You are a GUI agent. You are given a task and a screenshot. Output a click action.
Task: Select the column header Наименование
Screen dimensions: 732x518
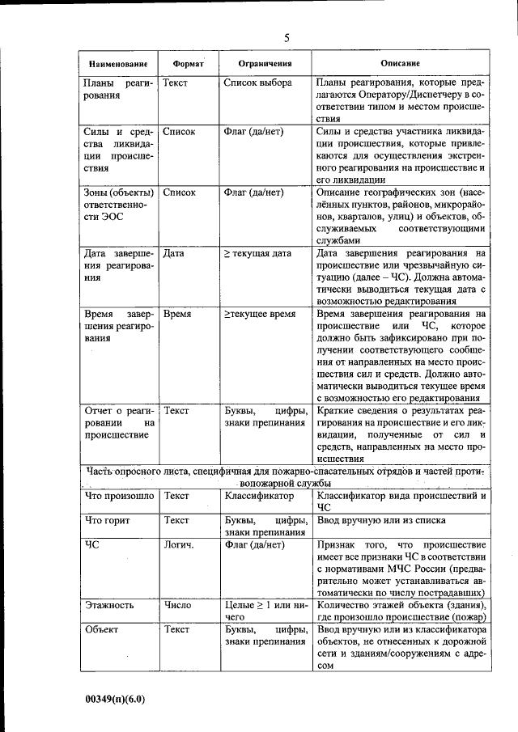(x=118, y=64)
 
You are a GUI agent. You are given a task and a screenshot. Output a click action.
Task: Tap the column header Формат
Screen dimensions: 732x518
(x=188, y=64)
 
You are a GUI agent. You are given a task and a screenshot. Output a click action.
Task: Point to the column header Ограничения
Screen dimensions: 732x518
(x=264, y=64)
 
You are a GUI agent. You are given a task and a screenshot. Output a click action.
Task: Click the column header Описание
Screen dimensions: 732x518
(x=400, y=64)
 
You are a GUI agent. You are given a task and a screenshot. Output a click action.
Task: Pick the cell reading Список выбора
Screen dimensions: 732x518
(x=257, y=83)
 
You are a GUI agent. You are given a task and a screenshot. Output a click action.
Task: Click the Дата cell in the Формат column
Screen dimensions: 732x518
(x=173, y=253)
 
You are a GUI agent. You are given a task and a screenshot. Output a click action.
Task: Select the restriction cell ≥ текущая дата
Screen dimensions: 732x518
(x=257, y=253)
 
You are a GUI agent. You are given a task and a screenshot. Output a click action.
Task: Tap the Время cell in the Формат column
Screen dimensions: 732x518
(x=177, y=313)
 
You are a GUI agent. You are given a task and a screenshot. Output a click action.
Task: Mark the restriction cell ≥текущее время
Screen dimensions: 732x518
(x=260, y=313)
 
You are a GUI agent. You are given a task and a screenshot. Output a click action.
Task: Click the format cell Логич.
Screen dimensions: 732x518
(x=178, y=544)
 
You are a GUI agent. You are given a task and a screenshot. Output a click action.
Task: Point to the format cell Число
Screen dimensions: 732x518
(x=177, y=604)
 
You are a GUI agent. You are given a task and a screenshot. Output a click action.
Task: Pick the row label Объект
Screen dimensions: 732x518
(x=102, y=628)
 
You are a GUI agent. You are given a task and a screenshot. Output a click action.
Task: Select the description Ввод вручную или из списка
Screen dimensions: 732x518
(x=381, y=520)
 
